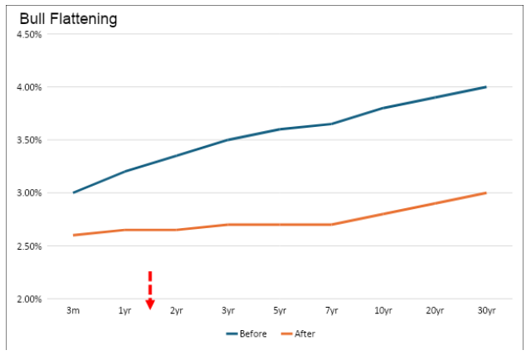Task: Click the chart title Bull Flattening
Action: click(68, 18)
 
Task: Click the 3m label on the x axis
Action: click(74, 311)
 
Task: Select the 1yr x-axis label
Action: click(125, 311)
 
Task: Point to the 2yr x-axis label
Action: click(177, 311)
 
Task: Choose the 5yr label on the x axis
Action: click(280, 311)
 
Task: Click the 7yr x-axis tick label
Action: click(331, 311)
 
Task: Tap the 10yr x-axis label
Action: click(383, 311)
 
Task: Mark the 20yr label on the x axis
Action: click(435, 311)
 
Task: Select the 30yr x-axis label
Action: click(486, 311)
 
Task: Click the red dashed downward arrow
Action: click(150, 290)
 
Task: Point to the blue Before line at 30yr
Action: click(485, 87)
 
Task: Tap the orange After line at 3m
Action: click(74, 235)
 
